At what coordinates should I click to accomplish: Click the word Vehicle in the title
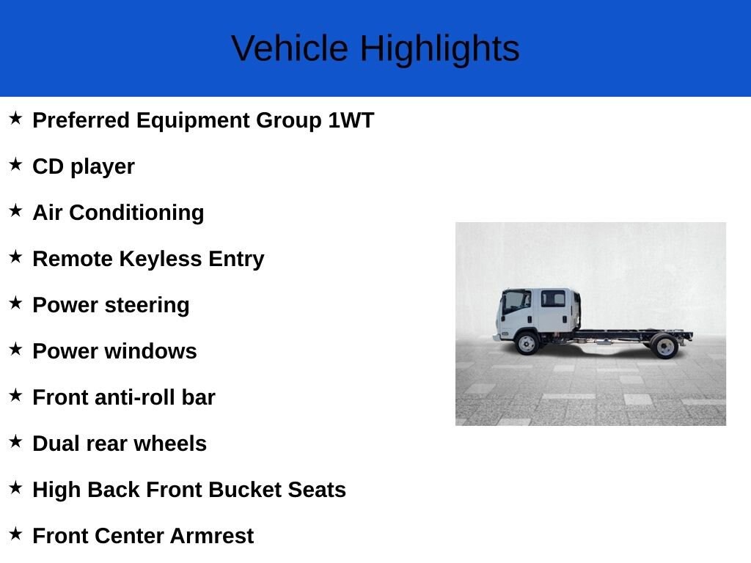click(289, 48)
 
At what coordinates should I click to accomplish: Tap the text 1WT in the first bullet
click(351, 120)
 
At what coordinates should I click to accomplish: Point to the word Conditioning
click(136, 213)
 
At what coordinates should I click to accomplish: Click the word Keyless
click(161, 260)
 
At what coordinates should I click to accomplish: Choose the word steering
click(147, 306)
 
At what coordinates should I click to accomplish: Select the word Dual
click(56, 444)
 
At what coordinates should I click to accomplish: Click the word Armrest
click(211, 536)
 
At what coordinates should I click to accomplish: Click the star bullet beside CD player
click(16, 164)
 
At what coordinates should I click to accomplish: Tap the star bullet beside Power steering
click(16, 303)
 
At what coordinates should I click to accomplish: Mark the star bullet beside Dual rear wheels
click(16, 441)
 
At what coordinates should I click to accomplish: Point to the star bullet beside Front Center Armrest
click(16, 534)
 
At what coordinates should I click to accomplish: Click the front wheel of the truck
click(527, 343)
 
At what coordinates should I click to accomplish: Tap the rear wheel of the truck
click(665, 346)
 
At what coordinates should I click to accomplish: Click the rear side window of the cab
click(553, 298)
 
